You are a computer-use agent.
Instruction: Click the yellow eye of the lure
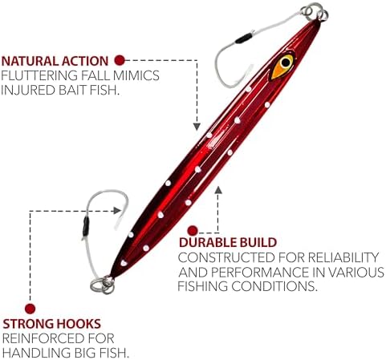[282, 67]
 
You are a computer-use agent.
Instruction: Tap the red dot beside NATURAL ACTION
[120, 60]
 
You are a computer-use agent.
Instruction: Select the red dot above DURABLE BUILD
[193, 231]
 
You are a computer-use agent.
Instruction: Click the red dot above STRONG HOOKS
[30, 309]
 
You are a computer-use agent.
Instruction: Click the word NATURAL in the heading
[30, 61]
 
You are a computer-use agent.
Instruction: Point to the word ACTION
[85, 61]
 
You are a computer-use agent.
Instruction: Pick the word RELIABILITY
[343, 257]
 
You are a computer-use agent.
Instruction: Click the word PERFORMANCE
[259, 272]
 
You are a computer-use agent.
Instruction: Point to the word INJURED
[28, 90]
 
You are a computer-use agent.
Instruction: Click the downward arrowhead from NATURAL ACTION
[197, 127]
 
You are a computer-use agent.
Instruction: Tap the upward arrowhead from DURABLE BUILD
[218, 189]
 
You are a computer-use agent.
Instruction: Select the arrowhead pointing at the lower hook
[117, 211]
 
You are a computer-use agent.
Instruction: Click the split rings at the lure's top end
[315, 12]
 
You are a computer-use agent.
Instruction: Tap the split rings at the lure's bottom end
[103, 285]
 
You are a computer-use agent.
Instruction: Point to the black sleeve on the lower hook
[86, 227]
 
